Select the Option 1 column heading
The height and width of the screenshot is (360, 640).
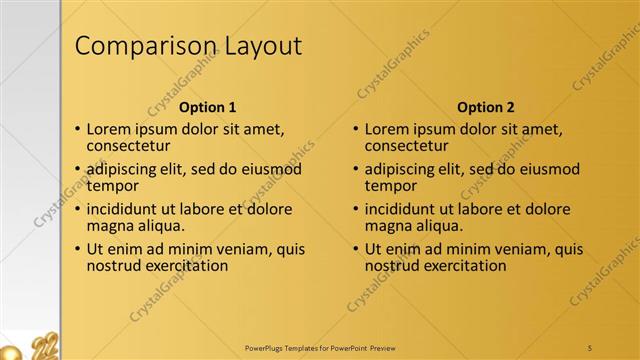(x=207, y=107)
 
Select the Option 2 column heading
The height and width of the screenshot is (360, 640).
(x=485, y=107)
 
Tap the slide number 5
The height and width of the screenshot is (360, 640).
(x=591, y=347)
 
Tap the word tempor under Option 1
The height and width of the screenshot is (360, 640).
(x=112, y=186)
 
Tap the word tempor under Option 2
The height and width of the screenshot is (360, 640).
(x=390, y=186)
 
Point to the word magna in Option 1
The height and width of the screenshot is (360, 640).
(x=111, y=226)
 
